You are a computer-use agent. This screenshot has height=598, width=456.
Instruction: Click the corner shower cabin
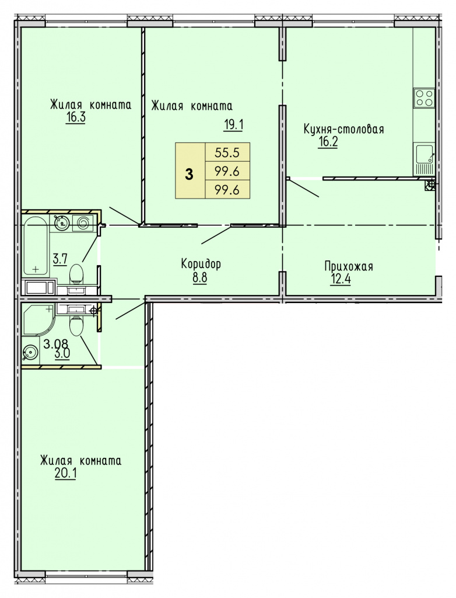click(38, 321)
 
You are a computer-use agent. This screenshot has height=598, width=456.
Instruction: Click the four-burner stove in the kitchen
click(424, 98)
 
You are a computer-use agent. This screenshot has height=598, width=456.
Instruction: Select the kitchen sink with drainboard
click(424, 159)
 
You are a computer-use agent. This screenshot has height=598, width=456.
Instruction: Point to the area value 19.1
click(233, 124)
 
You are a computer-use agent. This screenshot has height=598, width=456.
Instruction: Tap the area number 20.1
click(65, 473)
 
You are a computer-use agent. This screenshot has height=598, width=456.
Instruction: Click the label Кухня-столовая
click(343, 130)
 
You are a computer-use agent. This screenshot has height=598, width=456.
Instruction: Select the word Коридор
click(201, 264)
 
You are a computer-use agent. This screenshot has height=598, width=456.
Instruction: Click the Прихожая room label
click(349, 266)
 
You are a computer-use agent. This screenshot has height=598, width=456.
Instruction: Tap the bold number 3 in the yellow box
click(190, 174)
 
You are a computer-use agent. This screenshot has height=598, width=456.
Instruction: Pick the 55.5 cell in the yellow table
click(227, 152)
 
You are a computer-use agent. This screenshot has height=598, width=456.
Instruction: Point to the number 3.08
click(55, 344)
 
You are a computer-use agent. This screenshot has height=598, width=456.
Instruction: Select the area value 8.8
click(199, 277)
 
